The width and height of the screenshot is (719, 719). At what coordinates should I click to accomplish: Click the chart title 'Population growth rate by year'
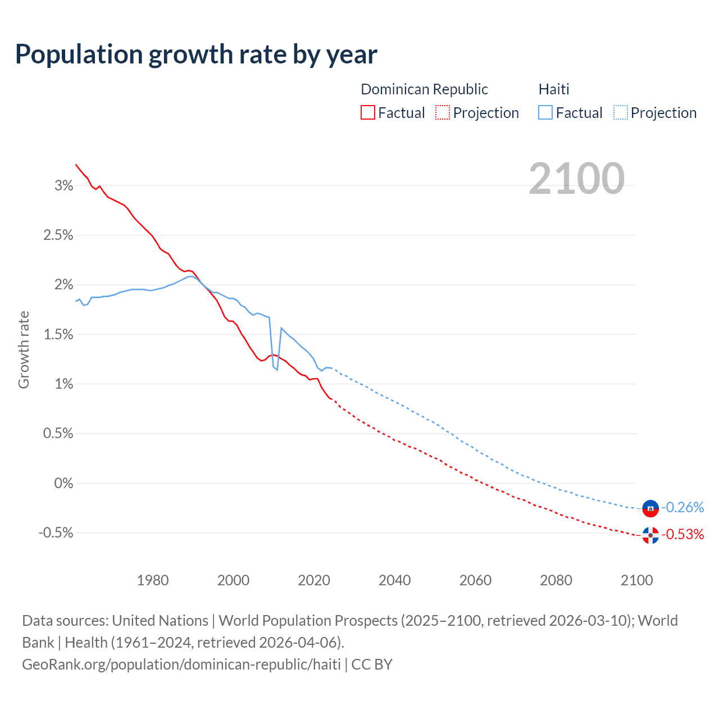196,54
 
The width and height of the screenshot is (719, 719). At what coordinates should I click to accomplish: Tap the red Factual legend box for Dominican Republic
367,112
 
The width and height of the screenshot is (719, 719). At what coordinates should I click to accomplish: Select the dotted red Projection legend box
443,112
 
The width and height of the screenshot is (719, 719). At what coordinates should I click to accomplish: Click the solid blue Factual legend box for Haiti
545,112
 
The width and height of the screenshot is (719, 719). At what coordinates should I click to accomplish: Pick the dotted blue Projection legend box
620,112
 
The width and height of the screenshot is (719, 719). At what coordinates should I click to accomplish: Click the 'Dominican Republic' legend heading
424,89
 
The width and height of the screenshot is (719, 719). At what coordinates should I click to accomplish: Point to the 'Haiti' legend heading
554,89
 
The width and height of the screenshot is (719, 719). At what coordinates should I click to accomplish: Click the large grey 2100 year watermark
576,179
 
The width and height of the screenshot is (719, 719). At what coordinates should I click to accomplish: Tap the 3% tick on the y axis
63,186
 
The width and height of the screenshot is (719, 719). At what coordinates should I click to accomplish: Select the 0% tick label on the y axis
63,484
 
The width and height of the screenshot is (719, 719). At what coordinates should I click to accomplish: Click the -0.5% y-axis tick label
56,533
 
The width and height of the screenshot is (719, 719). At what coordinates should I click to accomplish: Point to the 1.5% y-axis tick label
58,335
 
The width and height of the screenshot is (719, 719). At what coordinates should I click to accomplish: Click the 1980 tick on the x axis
153,580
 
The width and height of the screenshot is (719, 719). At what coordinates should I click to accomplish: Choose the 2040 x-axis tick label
395,580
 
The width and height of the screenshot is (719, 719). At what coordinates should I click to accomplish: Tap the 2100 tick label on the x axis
636,580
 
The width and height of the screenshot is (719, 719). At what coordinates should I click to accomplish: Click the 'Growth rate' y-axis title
24,349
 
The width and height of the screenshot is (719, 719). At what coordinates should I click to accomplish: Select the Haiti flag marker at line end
650,508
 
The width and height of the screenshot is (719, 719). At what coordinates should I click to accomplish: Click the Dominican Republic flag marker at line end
650,535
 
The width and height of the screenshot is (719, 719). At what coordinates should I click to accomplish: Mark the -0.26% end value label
682,508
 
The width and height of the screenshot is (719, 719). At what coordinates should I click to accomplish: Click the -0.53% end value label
682,535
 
